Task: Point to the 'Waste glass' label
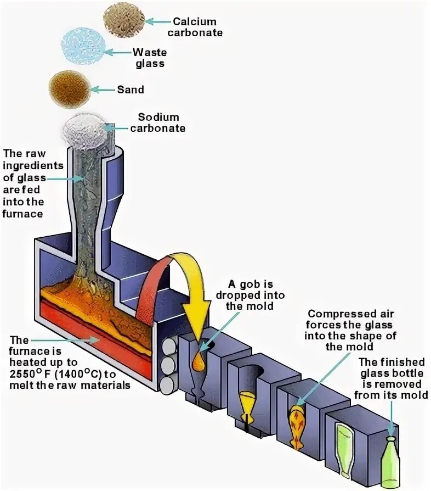click(149, 58)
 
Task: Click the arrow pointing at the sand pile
click(103, 89)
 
